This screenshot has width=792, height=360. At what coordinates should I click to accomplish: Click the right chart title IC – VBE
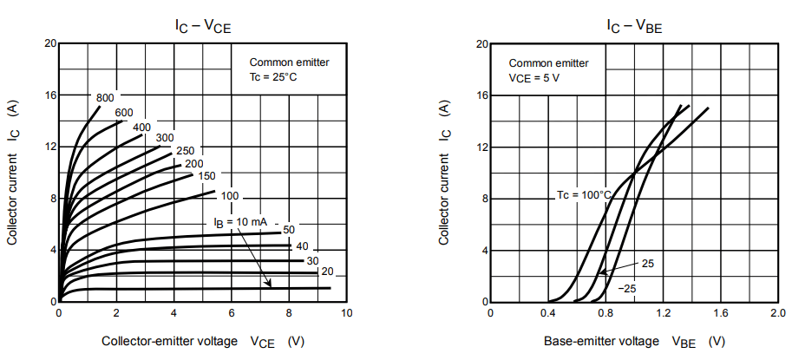point(634,27)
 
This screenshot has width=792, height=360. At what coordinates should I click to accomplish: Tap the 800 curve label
point(105,97)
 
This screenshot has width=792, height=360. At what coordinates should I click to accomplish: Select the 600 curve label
point(123,112)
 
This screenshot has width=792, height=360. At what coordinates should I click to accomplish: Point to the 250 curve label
point(185,151)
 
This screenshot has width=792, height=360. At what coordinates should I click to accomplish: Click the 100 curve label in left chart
point(229,196)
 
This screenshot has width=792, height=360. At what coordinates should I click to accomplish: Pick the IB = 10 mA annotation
point(240,223)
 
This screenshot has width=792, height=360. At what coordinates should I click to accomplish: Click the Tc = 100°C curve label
point(584,195)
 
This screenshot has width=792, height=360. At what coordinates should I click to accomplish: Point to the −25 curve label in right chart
point(628,287)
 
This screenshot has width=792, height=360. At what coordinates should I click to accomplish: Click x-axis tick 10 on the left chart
point(346,314)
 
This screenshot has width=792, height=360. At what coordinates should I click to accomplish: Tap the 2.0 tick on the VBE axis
point(779,314)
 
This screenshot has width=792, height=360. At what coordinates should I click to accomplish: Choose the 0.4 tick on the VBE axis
point(548,314)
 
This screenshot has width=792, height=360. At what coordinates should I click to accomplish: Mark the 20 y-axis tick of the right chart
point(481,43)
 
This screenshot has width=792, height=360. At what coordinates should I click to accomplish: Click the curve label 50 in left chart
point(289,229)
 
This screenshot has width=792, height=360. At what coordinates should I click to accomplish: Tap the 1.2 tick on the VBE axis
point(664,314)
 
